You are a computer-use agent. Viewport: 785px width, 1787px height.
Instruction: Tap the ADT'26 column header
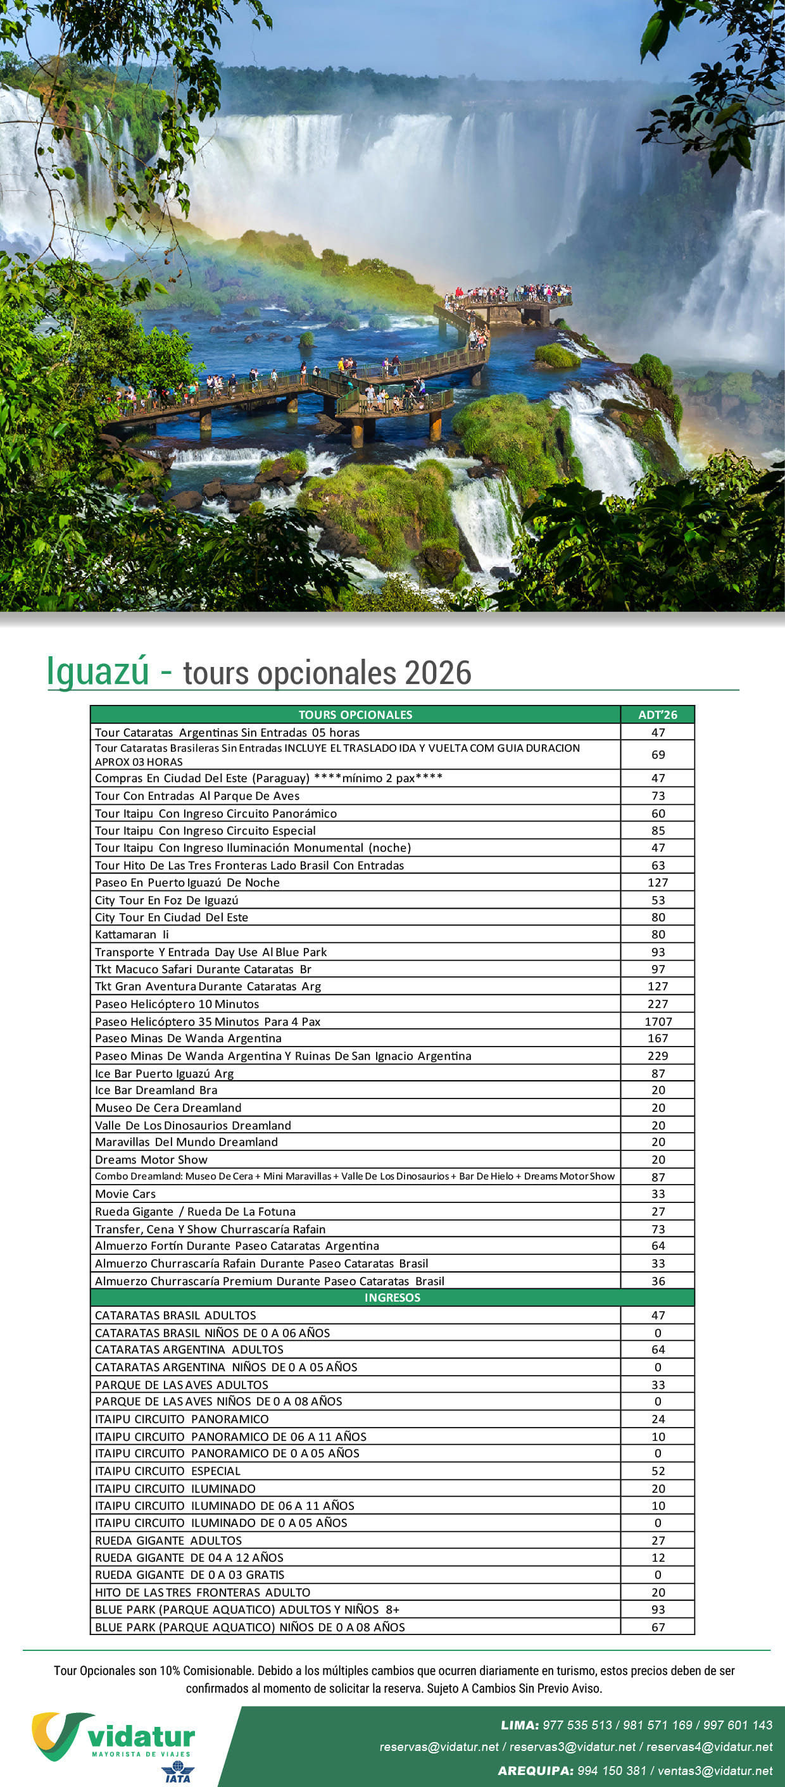coord(657,714)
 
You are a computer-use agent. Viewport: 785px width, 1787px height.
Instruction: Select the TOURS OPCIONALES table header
coord(355,714)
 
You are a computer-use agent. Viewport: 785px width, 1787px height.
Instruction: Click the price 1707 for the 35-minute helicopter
coord(657,1021)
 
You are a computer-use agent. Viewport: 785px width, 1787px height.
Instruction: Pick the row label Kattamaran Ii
coord(132,935)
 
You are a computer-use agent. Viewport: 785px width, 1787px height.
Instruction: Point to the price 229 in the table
coord(657,1056)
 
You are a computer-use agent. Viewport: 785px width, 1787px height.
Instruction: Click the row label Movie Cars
coord(125,1194)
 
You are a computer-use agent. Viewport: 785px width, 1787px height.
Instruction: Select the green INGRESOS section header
coord(392,1297)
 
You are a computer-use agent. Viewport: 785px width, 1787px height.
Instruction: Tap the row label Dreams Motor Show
coord(151,1159)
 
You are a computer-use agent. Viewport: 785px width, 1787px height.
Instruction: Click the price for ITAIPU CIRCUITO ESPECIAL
coord(657,1471)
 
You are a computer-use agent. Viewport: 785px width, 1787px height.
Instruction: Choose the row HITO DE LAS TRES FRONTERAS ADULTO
coord(203,1592)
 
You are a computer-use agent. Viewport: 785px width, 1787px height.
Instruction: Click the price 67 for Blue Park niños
coord(657,1627)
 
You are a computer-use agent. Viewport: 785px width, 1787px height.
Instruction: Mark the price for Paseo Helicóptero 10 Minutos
coord(657,1004)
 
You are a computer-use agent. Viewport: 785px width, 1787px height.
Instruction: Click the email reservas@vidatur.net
coord(439,1747)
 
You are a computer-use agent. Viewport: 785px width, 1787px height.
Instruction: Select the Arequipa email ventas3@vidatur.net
coord(715,1771)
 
